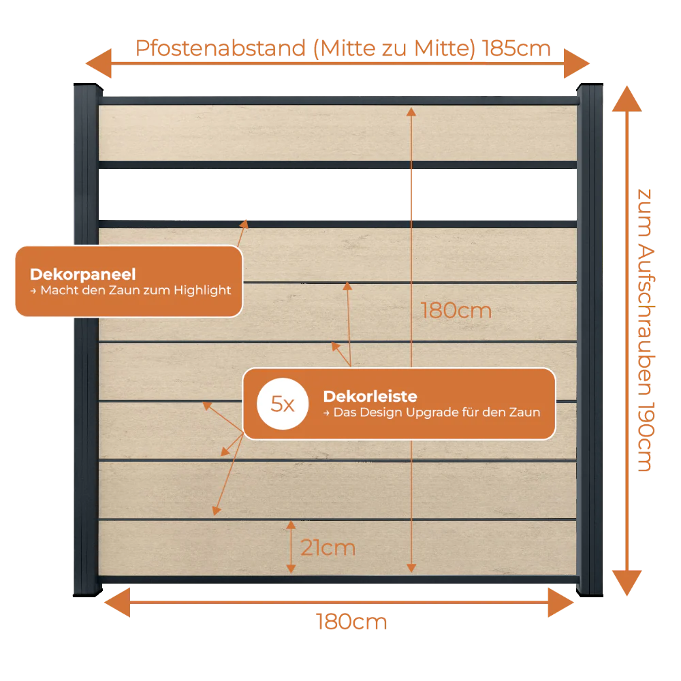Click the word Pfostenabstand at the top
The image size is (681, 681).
(221, 48)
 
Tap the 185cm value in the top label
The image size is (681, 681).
(516, 48)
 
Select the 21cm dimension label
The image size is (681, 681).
(328, 548)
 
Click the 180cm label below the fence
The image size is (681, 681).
(351, 622)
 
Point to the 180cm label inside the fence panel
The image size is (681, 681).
(456, 311)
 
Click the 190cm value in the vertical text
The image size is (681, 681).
(646, 437)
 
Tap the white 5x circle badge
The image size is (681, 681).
(283, 404)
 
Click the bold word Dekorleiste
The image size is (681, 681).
(370, 396)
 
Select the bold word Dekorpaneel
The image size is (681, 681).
(83, 274)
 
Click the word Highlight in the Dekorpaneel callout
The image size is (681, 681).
(202, 291)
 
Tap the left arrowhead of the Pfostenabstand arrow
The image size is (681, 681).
(99, 63)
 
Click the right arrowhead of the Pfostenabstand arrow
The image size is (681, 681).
(577, 63)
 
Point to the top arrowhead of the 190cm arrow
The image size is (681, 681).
(627, 99)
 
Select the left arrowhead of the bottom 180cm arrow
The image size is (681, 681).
(117, 603)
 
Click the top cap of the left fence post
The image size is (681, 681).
(88, 86)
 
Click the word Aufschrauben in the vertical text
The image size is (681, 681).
(646, 319)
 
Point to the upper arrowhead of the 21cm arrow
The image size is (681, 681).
(291, 525)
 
